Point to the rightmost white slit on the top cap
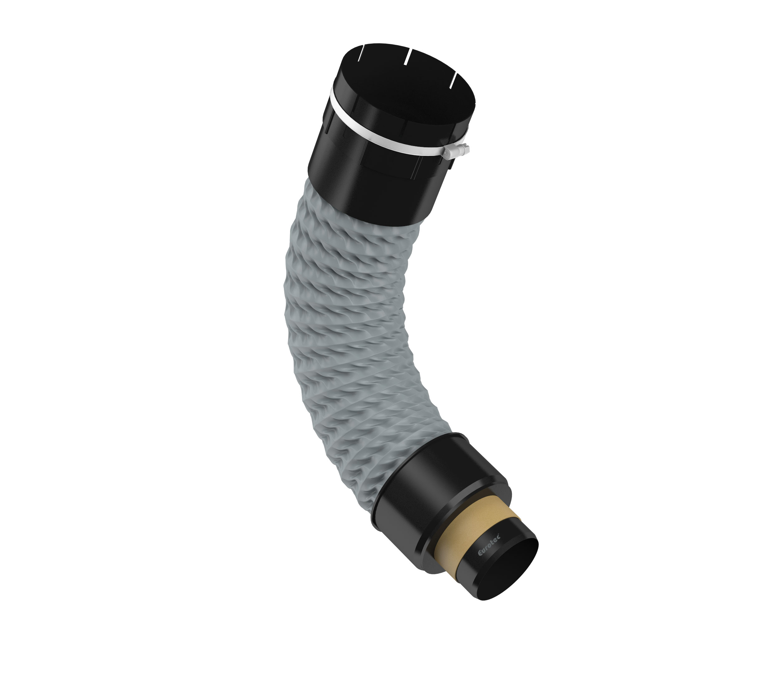pyautogui.click(x=453, y=80)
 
